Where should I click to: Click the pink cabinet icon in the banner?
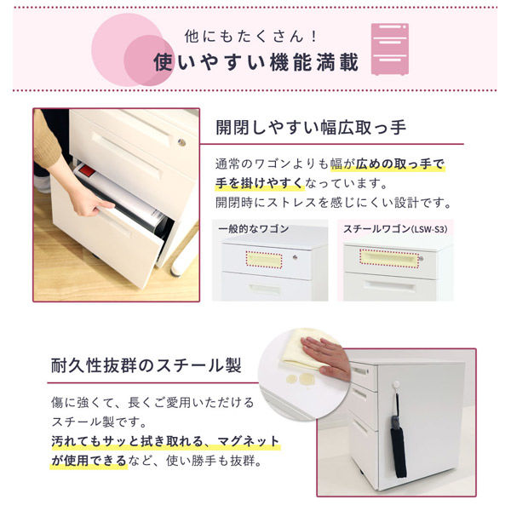coord(390,49)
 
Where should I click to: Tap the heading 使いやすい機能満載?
coord(256,62)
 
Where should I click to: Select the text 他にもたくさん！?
coord(251,36)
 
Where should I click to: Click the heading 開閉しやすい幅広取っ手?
coord(311,127)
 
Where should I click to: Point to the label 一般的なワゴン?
coord(254,229)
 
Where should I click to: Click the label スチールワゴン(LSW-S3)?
coord(395,229)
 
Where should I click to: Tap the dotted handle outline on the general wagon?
coord(264,260)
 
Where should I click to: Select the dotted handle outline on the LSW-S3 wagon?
coord(389,259)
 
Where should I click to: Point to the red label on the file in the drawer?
coord(88,172)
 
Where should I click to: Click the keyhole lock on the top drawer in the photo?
coord(181,142)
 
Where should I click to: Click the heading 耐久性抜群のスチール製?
coord(146,365)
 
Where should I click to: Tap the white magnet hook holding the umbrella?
coord(396,385)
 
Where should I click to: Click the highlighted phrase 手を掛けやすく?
coord(260,183)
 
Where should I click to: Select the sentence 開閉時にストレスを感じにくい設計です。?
coord(334,203)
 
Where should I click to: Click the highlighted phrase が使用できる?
coord(89,461)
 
